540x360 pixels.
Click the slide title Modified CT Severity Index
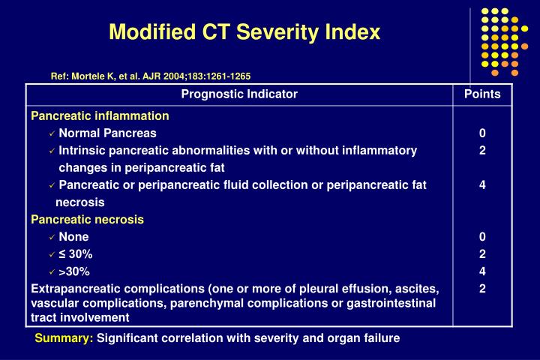[x=244, y=33]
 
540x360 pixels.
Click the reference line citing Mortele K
[x=150, y=76]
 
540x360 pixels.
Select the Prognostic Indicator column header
[x=239, y=94]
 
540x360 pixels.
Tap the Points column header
[x=482, y=94]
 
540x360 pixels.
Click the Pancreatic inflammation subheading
[x=100, y=116]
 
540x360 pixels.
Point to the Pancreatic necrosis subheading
[x=87, y=220]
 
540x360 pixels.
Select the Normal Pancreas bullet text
[x=107, y=133]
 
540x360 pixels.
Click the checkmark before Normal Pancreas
[x=52, y=133]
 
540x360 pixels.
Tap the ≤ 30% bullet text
[x=75, y=254]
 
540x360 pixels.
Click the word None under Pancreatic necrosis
[x=73, y=237]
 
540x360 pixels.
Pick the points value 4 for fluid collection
[x=482, y=185]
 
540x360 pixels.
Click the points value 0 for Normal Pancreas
[x=482, y=133]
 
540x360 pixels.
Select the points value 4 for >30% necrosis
[x=482, y=271]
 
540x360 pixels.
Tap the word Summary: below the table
[x=64, y=338]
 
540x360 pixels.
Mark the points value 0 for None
[x=482, y=237]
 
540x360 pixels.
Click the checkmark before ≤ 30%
[x=52, y=254]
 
